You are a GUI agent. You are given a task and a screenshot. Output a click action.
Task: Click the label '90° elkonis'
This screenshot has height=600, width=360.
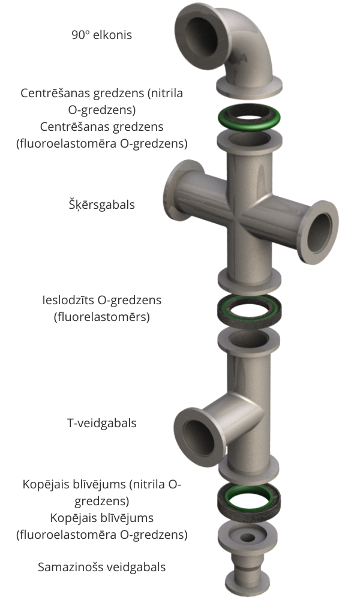[x=102, y=35]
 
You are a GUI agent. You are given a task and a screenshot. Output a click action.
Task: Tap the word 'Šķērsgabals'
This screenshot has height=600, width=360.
[x=101, y=205]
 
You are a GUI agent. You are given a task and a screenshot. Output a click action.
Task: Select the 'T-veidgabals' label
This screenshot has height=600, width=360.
[x=102, y=423]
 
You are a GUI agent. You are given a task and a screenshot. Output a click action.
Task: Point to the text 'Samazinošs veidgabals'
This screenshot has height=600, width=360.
[x=102, y=567]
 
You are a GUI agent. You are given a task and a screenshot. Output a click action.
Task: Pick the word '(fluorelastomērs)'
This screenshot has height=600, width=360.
[x=102, y=317]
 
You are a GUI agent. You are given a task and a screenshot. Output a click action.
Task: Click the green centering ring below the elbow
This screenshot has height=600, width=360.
[x=249, y=116]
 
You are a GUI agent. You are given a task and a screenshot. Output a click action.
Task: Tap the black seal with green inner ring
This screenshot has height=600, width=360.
[x=248, y=500]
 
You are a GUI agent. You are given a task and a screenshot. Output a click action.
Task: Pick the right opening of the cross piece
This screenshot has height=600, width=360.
[x=320, y=232]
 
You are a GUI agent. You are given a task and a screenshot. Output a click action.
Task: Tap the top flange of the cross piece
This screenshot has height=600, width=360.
[x=250, y=140]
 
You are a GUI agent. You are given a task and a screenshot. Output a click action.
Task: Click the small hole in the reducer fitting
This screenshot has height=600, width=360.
[x=248, y=538]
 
